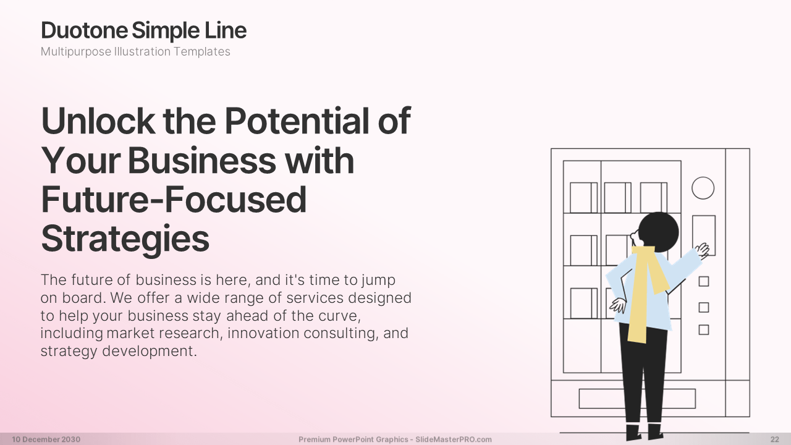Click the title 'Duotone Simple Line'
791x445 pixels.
click(144, 30)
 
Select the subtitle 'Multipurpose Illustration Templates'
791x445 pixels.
click(135, 51)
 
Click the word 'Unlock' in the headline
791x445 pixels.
click(98, 121)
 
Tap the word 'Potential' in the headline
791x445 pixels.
click(297, 121)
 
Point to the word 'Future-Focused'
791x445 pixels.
click(174, 200)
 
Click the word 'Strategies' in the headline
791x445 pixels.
click(125, 239)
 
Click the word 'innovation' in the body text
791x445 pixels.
click(263, 333)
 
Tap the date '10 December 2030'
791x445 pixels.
click(46, 439)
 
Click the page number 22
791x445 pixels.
click(775, 439)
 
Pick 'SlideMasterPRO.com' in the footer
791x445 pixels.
click(454, 439)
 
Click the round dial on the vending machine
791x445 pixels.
click(703, 189)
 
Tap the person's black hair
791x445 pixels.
click(659, 232)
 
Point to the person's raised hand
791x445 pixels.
click(703, 250)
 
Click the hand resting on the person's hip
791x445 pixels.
click(619, 305)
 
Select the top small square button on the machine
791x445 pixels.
click(704, 281)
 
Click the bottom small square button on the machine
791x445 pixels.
click(704, 330)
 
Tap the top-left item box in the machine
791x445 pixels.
click(583, 198)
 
